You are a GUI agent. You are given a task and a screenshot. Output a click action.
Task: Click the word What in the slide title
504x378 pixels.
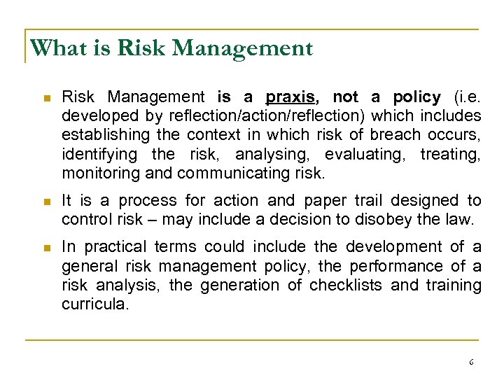pyautogui.click(x=53, y=48)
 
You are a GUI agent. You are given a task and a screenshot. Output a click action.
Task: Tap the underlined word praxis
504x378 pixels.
pyautogui.click(x=288, y=97)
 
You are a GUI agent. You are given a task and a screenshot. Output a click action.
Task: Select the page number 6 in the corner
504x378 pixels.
pyautogui.click(x=471, y=362)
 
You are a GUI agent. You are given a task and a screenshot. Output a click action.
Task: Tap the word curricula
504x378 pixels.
pyautogui.click(x=94, y=304)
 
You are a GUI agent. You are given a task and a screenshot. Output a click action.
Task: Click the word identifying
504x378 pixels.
pyautogui.click(x=100, y=153)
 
